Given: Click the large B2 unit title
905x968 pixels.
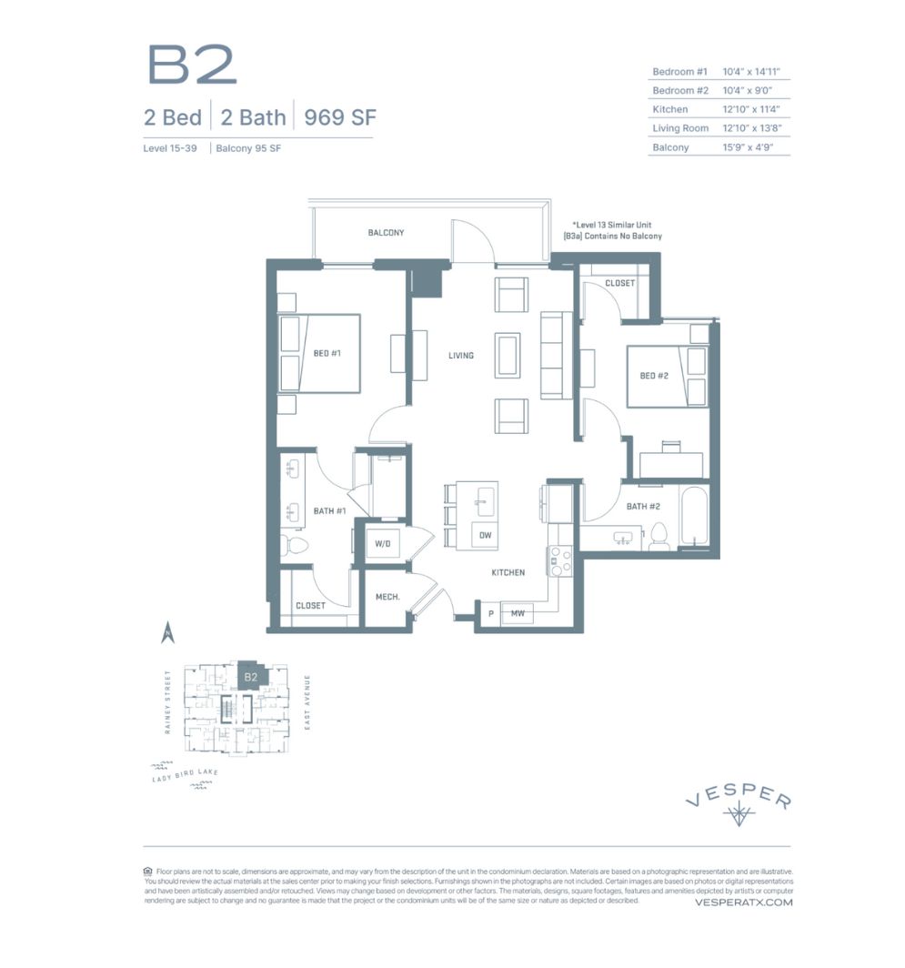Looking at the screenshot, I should pyautogui.click(x=192, y=65).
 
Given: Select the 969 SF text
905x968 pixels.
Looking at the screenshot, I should pyautogui.click(x=340, y=117).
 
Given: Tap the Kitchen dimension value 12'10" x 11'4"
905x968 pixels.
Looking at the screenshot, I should pyautogui.click(x=755, y=109).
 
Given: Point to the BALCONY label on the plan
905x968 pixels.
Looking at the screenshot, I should pyautogui.click(x=386, y=233).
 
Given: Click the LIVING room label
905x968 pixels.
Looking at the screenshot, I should pyautogui.click(x=461, y=355).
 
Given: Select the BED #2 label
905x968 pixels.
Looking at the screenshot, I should pyautogui.click(x=654, y=376).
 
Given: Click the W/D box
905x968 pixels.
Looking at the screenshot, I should pyautogui.click(x=382, y=544).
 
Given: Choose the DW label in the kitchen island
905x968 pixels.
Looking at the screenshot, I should pyautogui.click(x=486, y=536).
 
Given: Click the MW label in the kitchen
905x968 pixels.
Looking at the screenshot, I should pyautogui.click(x=518, y=614).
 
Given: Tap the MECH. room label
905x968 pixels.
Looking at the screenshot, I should pyautogui.click(x=387, y=597).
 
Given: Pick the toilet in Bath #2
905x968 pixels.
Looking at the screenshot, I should pyautogui.click(x=659, y=537).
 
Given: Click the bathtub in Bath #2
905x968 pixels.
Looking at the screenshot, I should pyautogui.click(x=696, y=519).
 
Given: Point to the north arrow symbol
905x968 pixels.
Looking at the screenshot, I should pyautogui.click(x=166, y=631).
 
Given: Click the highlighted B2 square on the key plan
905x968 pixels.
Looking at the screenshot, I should pyautogui.click(x=250, y=677).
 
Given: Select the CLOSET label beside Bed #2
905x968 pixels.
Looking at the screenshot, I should pyautogui.click(x=619, y=283).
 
